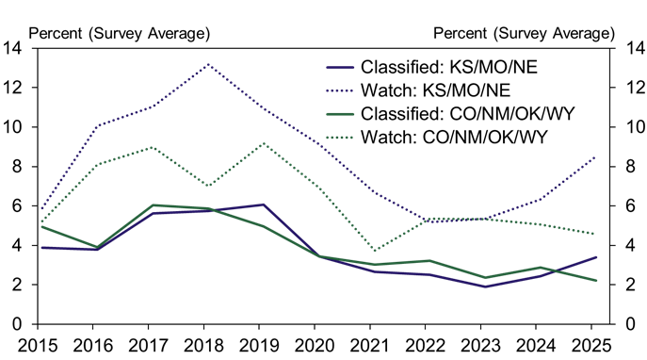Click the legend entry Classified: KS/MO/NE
[x=432, y=67]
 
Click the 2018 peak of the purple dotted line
[x=207, y=64]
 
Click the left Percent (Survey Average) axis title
[x=121, y=33]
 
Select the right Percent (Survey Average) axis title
[x=524, y=33]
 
